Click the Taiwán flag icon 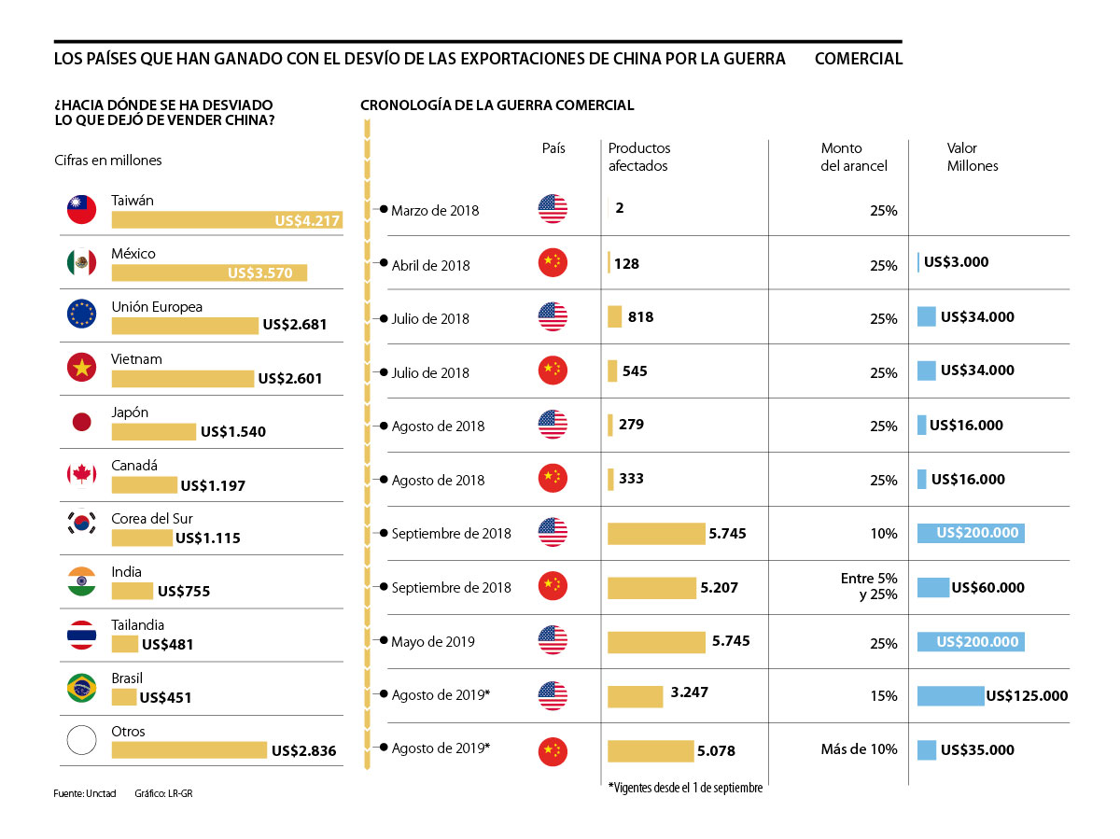[x=82, y=210]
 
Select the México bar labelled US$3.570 [x=209, y=273]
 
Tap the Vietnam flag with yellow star [x=82, y=368]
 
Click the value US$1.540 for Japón [x=232, y=432]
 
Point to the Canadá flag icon [x=82, y=474]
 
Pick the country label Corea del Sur [x=152, y=519]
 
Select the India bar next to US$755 [x=132, y=591]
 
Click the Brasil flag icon [x=82, y=688]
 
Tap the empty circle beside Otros [x=82, y=741]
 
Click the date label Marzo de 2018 [x=435, y=211]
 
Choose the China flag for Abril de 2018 [x=553, y=264]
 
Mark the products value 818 [x=640, y=317]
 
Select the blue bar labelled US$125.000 [x=950, y=696]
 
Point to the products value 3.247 [x=690, y=693]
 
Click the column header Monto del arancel [x=853, y=157]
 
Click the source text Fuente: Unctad [x=84, y=792]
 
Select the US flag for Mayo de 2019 [x=553, y=641]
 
